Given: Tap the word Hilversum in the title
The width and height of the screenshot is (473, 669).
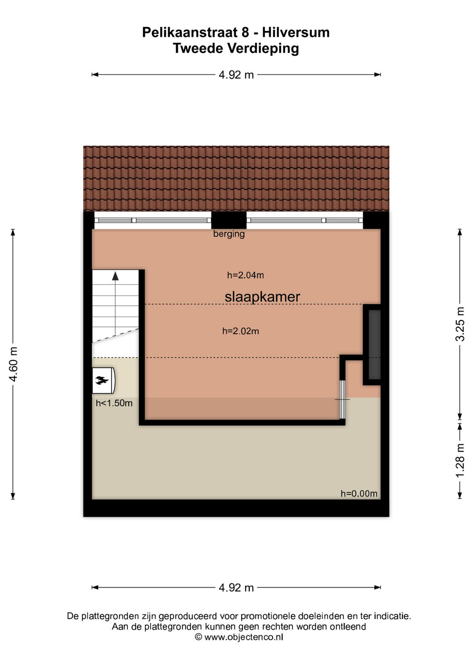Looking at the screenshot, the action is [296, 32].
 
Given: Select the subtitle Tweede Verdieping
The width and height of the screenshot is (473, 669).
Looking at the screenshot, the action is [236, 48].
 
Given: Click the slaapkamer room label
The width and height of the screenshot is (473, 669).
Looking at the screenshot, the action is [262, 297].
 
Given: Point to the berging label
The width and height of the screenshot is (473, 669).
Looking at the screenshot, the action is [229, 234].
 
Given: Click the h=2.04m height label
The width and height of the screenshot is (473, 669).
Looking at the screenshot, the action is [245, 275].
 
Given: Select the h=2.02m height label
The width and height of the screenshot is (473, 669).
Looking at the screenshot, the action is [241, 331].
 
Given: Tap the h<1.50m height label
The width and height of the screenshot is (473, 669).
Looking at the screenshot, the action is [114, 403].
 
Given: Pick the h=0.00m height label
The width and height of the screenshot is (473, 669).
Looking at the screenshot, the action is [359, 494].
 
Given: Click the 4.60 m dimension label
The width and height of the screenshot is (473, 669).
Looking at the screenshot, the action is [14, 364].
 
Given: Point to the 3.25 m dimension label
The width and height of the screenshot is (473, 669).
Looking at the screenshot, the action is [460, 324].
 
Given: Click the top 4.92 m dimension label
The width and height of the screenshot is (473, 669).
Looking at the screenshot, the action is [236, 74].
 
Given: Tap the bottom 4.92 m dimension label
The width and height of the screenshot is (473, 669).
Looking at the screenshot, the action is [236, 588].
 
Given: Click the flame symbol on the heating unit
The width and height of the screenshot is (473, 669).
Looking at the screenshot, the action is [102, 380].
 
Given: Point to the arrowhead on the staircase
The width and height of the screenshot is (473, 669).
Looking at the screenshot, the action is [115, 276].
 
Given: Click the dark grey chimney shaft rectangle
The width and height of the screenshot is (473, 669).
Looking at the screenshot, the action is [374, 345].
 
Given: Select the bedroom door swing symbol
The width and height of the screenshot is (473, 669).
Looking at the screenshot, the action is [342, 400].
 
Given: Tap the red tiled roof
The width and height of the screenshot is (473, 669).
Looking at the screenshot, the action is [236, 179].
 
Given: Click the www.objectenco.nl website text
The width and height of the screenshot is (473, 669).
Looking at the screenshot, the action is [244, 637].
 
